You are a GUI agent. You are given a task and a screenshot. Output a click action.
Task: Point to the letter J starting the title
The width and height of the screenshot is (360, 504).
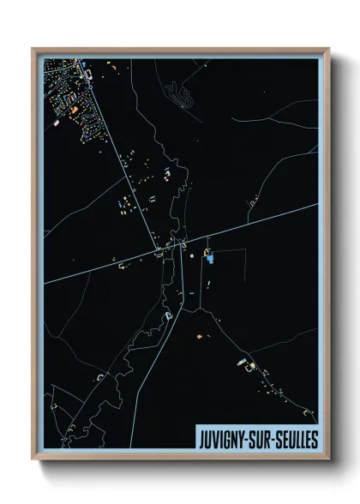tap(201, 440)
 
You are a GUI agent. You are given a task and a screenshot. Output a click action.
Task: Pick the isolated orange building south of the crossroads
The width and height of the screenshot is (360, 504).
tap(200, 337)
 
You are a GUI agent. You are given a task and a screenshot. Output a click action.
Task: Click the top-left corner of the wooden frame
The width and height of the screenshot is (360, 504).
tap(33, 50)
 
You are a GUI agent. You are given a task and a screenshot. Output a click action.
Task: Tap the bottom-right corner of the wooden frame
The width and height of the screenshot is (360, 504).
tap(327, 459)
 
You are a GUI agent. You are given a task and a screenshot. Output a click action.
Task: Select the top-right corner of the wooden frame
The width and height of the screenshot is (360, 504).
tap(327, 50)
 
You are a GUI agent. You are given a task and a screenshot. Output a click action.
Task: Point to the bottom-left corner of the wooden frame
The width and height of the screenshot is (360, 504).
tap(33, 459)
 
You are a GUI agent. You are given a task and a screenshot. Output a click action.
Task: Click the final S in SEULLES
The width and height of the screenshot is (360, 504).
tap(314, 440)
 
